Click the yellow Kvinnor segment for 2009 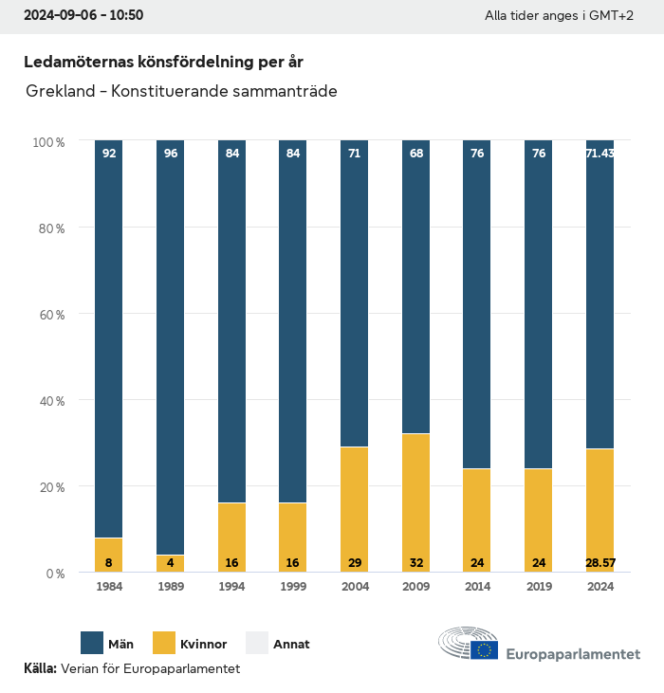415,502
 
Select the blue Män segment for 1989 170,347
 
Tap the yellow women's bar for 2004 354,509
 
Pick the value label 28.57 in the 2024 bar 599,563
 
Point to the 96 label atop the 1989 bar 171,153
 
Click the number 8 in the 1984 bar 109,563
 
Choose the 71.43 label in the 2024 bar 599,153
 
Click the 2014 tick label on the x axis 477,587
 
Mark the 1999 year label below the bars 293,587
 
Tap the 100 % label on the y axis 48,141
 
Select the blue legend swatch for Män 93,644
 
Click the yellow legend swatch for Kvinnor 163,644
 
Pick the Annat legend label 291,645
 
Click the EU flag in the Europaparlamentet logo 484,649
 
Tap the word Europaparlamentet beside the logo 573,654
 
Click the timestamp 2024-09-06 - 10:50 83,15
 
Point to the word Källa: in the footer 40,668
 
